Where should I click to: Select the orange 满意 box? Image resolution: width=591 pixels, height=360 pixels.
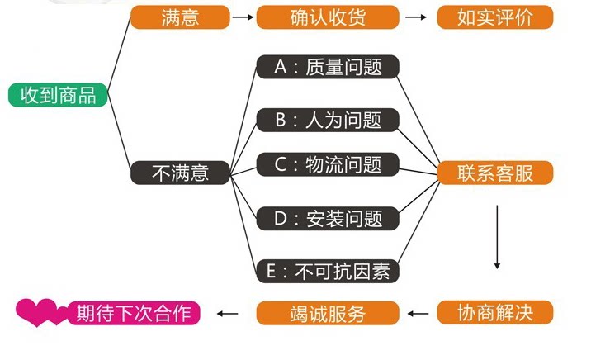179,17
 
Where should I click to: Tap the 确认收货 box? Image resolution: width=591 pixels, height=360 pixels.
328,17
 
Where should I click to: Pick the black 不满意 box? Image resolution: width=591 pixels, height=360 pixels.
180,173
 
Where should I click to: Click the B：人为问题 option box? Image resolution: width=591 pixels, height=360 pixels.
328,120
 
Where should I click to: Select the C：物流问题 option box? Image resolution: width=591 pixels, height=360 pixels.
328,164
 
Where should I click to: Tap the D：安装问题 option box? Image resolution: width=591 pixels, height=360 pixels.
328,218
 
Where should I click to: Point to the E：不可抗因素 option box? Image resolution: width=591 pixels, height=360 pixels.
328,270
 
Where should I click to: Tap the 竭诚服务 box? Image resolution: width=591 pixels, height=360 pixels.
328,313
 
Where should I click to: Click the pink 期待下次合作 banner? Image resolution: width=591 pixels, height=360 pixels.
133,313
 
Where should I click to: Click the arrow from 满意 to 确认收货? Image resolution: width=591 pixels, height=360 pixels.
242,17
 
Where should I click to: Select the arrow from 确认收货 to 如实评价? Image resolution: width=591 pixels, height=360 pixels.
416,17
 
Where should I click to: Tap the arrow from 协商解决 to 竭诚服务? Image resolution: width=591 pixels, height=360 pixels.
419,313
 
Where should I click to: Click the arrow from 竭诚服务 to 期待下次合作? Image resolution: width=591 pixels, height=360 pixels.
227,313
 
